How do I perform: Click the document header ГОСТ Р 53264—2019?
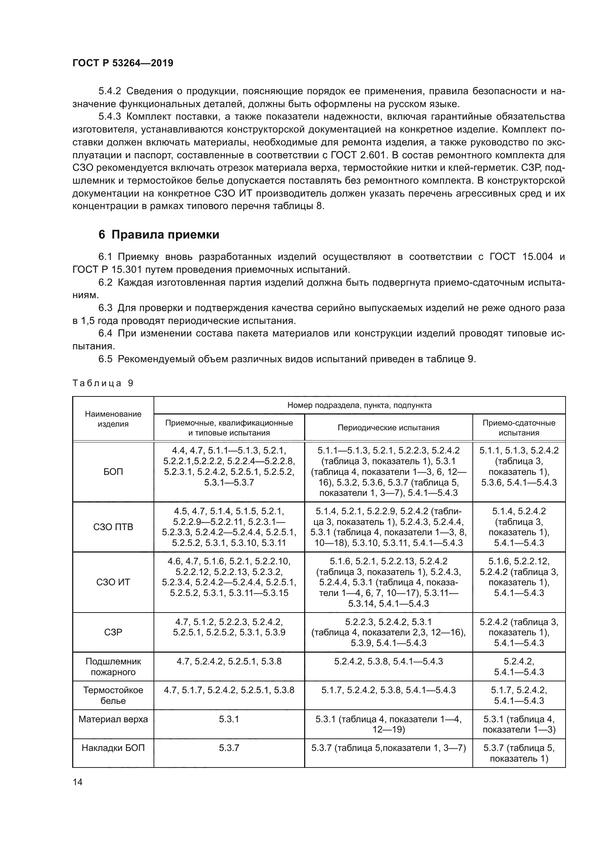(x=123, y=63)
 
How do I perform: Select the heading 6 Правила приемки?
(x=159, y=235)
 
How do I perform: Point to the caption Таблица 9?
(x=103, y=383)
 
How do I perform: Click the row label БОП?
(x=113, y=472)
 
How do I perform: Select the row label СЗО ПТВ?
(x=113, y=527)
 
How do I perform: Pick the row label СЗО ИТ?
(x=113, y=582)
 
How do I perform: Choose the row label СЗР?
(x=113, y=632)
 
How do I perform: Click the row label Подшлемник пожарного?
(x=113, y=666)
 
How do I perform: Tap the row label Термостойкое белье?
(x=113, y=695)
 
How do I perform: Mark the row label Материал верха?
(x=113, y=719)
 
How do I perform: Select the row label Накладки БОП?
(x=113, y=748)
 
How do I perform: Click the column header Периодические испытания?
(x=388, y=427)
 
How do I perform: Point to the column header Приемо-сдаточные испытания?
(x=519, y=427)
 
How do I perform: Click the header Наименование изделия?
(x=113, y=419)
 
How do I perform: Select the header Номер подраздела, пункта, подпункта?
(x=359, y=405)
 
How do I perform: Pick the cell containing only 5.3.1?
(x=229, y=719)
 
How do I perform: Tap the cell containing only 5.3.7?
(x=229, y=748)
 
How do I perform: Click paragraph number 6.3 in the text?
(x=105, y=308)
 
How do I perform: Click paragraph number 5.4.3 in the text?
(x=109, y=117)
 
